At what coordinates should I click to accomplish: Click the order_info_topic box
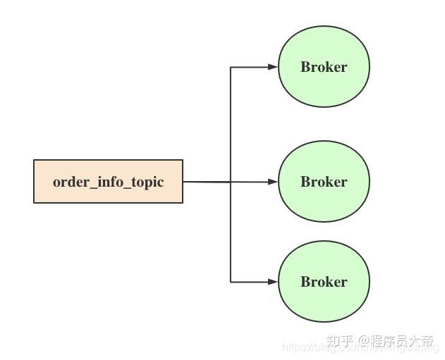point(108,182)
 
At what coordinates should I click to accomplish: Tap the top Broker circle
point(324,67)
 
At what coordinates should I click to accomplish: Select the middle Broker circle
point(324,182)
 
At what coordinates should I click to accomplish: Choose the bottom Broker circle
point(324,282)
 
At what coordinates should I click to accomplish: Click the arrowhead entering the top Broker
point(274,67)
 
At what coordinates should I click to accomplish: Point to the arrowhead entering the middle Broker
point(274,182)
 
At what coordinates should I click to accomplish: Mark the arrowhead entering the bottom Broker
point(274,282)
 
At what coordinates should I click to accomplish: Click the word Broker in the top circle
point(324,67)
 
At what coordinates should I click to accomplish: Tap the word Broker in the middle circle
point(324,182)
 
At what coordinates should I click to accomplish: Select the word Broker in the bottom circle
point(324,282)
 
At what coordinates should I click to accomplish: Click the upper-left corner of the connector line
point(231,67)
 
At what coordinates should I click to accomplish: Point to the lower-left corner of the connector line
point(231,282)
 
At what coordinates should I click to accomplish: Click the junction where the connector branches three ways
point(231,182)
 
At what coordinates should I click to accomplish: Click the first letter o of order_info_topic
point(56,182)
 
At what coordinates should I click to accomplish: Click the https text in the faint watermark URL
point(294,347)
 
